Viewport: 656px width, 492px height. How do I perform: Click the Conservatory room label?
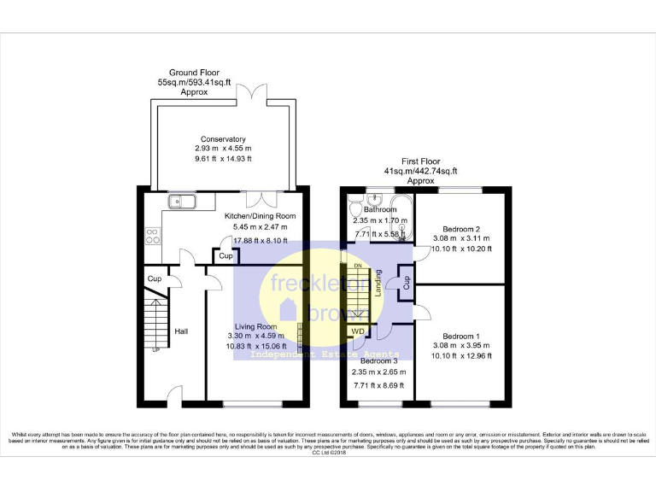pos(223,139)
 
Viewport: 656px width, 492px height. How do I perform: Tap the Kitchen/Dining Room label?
pos(261,217)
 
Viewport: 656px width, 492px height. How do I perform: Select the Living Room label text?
pos(256,326)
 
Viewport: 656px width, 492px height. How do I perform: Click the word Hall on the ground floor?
pos(181,331)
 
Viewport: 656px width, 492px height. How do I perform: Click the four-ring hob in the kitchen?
pos(154,234)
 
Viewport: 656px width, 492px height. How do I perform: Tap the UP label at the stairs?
pos(155,350)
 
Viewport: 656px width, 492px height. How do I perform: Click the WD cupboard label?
pos(357,331)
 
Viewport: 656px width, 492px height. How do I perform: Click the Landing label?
pos(378,288)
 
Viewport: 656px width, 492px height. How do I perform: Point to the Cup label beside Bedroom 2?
pos(407,282)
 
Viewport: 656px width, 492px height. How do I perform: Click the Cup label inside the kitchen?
pos(225,256)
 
